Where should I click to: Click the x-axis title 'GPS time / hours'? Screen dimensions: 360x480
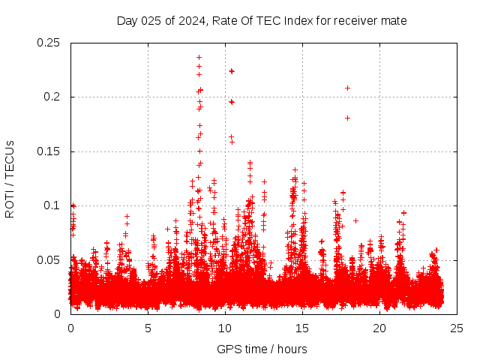[262, 349]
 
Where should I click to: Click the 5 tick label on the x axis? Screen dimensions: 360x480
[148, 328]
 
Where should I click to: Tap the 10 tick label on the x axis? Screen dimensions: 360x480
[225, 328]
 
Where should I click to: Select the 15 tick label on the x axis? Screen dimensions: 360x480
[302, 328]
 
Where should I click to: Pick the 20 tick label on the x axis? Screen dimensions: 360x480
[379, 328]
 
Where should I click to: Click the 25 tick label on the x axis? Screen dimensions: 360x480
[457, 328]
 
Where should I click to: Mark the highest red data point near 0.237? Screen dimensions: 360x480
[199, 57]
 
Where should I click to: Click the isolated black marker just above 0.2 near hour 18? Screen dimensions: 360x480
[347, 88]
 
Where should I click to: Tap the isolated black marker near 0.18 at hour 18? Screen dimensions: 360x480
[347, 118]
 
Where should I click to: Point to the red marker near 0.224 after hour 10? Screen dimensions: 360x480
[232, 70]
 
